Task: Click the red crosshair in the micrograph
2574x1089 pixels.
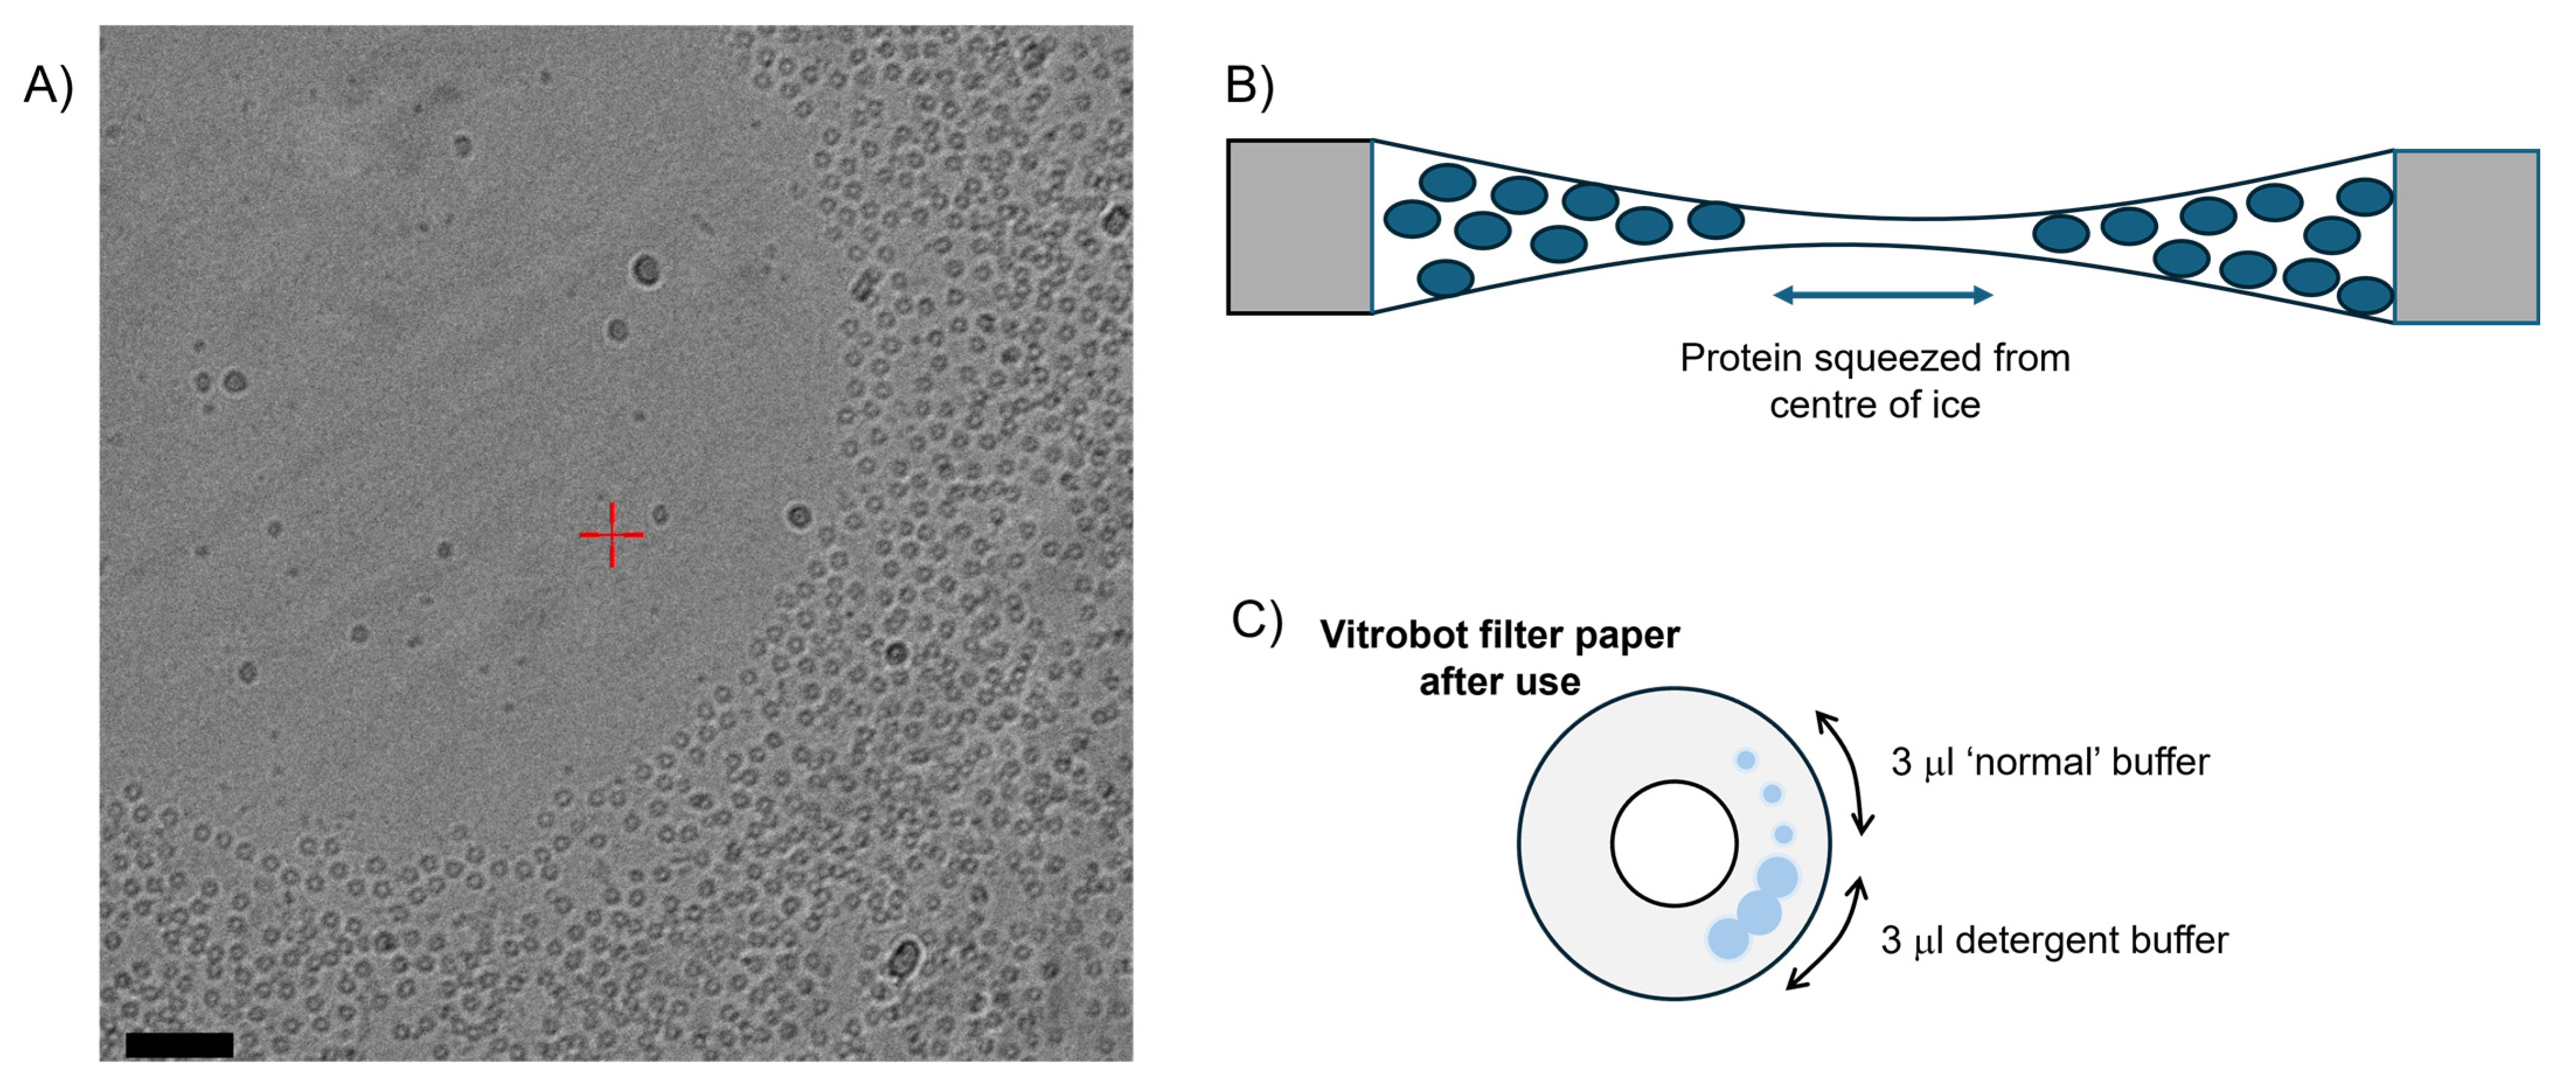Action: (x=611, y=535)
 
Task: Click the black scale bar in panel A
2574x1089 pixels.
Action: (x=180, y=1045)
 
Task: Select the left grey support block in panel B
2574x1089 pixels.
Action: (x=1299, y=227)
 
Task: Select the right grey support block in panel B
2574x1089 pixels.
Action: (x=2466, y=237)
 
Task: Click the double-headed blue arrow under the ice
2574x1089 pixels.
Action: (x=1883, y=295)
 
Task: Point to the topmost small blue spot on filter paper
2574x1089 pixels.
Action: (x=1745, y=760)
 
